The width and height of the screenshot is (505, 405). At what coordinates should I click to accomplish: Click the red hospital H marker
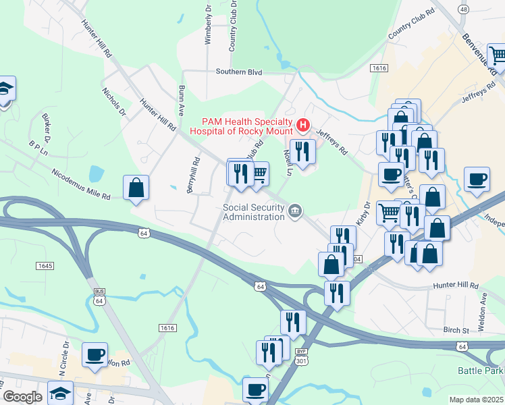tap(303, 125)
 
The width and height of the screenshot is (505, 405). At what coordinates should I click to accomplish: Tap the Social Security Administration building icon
tap(295, 212)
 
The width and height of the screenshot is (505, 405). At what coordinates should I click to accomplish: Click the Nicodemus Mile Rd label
tap(80, 184)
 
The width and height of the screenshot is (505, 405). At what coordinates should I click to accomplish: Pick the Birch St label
tap(456, 331)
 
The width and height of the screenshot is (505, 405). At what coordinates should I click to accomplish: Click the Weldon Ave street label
tap(483, 301)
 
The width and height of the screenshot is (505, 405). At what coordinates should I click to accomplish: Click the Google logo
tap(22, 397)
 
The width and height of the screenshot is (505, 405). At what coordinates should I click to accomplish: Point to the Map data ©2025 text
tap(476, 400)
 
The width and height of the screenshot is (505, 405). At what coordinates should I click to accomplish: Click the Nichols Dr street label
tap(113, 101)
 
